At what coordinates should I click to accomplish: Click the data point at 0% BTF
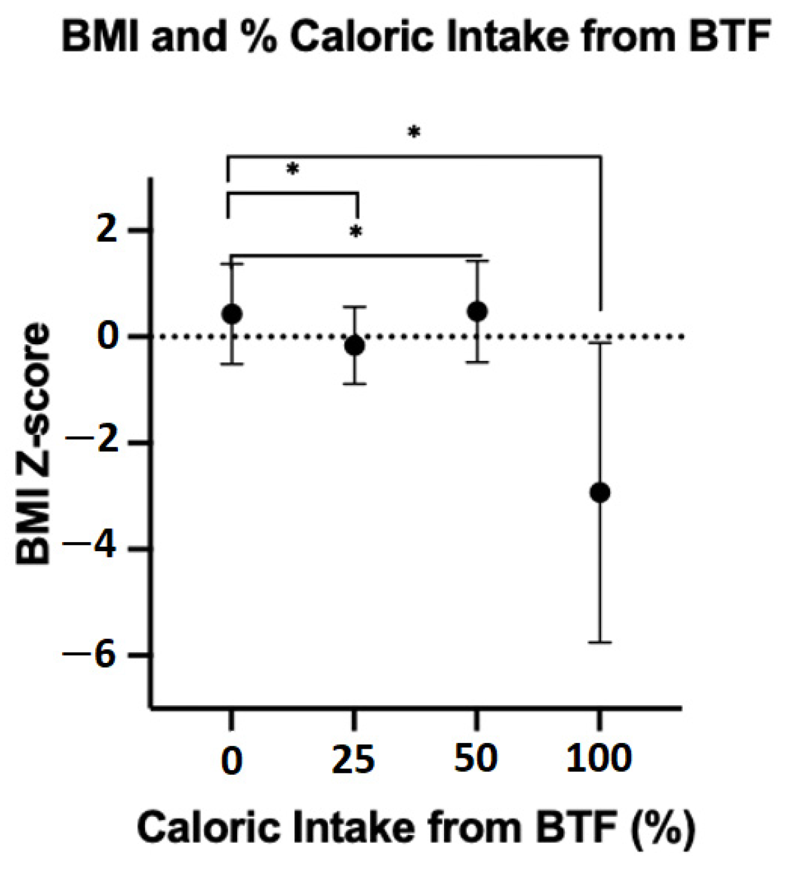pyautogui.click(x=232, y=314)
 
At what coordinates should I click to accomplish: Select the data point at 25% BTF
pyautogui.click(x=354, y=345)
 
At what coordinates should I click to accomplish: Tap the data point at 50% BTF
pyautogui.click(x=477, y=311)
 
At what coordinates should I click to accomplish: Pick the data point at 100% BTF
pyautogui.click(x=600, y=493)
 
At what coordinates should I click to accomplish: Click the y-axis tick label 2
pyautogui.click(x=107, y=230)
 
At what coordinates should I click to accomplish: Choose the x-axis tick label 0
pyautogui.click(x=231, y=760)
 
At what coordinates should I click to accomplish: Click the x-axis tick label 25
pyautogui.click(x=353, y=760)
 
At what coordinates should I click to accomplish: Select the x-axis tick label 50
pyautogui.click(x=476, y=759)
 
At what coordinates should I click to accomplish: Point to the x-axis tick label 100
pyautogui.click(x=599, y=759)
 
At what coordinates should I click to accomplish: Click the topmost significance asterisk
pyautogui.click(x=414, y=133)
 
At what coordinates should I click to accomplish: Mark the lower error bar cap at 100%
pyautogui.click(x=600, y=642)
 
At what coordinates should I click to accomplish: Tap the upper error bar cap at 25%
pyautogui.click(x=355, y=307)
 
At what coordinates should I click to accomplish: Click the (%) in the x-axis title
pyautogui.click(x=664, y=828)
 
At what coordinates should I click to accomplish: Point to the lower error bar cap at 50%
pyautogui.click(x=477, y=362)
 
